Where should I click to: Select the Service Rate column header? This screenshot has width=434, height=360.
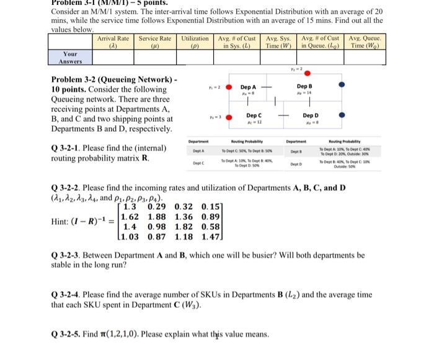[155, 42]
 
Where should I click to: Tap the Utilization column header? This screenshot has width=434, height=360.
[195, 42]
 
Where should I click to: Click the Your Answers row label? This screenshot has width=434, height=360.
[70, 58]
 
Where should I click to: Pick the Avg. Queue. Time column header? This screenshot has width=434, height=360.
[366, 42]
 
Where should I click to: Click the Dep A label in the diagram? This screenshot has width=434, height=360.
[249, 88]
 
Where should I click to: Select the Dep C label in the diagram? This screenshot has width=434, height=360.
[254, 115]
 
